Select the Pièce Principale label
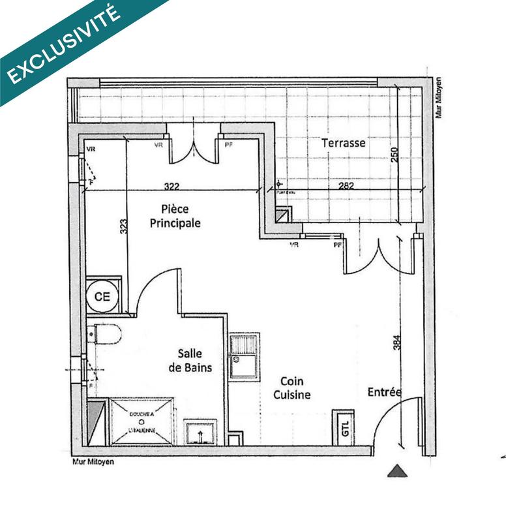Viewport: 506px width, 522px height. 175,216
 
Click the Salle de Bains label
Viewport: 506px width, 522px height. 194,360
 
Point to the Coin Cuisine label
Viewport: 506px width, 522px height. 291,388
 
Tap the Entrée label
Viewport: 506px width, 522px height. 384,391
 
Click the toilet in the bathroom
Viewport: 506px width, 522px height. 106,334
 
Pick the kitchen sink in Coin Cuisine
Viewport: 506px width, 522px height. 244,357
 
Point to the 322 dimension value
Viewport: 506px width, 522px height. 171,187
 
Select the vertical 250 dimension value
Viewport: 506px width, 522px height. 394,155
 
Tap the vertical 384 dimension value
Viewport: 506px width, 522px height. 396,343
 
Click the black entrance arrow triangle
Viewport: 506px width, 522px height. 397,470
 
